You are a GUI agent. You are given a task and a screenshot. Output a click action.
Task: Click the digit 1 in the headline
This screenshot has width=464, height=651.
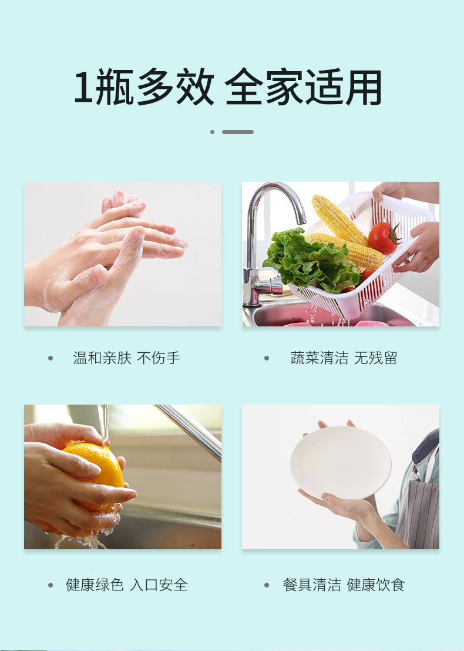point(82,87)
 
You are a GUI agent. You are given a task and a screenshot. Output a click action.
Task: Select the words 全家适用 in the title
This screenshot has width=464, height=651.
point(303,87)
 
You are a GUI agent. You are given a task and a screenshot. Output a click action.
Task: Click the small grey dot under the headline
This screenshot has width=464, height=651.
point(212,132)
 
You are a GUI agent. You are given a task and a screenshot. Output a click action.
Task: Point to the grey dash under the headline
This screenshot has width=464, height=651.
point(238,132)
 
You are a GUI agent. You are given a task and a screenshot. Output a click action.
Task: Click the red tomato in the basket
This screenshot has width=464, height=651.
point(384,238)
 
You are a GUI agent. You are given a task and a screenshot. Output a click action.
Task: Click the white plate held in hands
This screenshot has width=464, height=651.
point(341,462)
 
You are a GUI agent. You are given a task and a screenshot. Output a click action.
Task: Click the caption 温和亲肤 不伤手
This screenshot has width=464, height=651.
point(126,358)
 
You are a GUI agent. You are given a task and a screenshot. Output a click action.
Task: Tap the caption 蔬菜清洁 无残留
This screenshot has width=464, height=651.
point(344,358)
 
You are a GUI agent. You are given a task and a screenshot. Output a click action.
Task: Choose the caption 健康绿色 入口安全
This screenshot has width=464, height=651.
point(126,585)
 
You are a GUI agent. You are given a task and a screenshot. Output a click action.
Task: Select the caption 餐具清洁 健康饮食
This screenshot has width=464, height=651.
point(344,585)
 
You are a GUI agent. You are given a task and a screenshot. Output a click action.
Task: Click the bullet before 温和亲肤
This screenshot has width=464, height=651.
point(51,358)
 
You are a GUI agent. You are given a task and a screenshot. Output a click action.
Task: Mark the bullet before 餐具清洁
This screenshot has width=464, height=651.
point(267,585)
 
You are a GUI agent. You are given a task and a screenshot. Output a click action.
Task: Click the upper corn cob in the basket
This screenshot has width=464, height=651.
point(338,219)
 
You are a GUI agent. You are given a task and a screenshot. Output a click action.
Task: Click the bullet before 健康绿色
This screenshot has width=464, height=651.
point(51,585)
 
